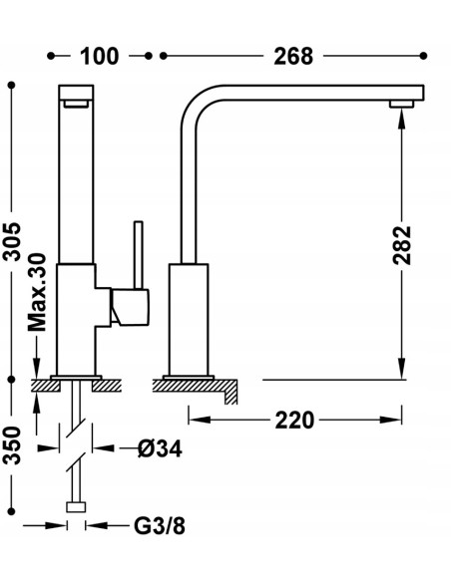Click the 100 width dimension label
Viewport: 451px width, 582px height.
point(99,56)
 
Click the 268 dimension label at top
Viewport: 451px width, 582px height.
point(293,56)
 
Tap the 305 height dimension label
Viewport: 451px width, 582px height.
point(12,241)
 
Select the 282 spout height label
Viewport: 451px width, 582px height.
point(402,245)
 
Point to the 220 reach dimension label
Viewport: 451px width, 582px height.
point(294,421)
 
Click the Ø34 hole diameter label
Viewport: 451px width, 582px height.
point(160,448)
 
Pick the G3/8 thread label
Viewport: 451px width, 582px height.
point(160,525)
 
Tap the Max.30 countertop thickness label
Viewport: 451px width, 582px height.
point(38,292)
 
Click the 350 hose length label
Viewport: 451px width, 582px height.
point(12,445)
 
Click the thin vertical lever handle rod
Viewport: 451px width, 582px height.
point(139,255)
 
